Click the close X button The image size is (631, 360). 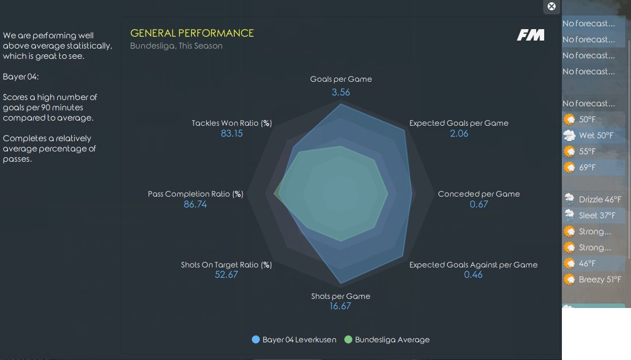tap(551, 6)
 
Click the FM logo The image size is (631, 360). tap(531, 35)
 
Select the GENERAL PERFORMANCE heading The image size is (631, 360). tap(192, 33)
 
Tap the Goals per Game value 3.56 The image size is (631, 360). tap(341, 92)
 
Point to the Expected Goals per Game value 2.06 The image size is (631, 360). tap(459, 133)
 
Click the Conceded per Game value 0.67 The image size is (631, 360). tap(479, 204)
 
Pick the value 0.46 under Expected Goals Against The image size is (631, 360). tap(473, 275)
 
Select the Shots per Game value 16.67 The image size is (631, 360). tap(340, 306)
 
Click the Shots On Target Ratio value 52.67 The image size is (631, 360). tap(226, 275)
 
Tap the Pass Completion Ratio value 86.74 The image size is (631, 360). tap(195, 204)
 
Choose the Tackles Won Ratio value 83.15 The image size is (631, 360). tap(232, 133)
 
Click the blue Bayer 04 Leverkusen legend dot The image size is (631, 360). tap(255, 339)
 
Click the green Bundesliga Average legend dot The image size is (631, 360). tap(348, 339)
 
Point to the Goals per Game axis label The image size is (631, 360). tap(341, 79)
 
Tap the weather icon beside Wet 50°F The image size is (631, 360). tap(569, 135)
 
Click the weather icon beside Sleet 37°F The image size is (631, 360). tap(569, 215)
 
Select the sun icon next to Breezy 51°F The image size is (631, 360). tap(569, 279)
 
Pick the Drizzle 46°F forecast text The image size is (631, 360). tap(600, 199)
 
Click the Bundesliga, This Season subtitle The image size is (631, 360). tap(176, 46)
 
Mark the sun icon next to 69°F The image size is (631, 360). tap(569, 167)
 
